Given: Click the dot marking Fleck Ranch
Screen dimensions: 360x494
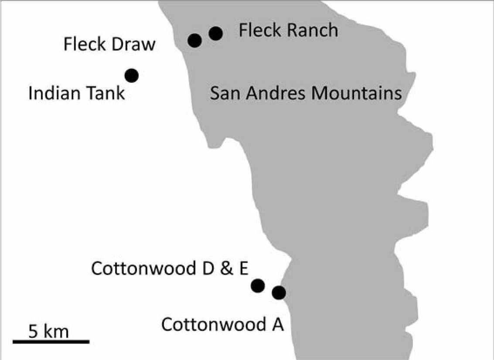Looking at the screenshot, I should point(215,33).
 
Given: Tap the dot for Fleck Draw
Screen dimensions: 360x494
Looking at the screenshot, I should point(195,41).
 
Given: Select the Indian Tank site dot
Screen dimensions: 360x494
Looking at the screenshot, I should point(132,75).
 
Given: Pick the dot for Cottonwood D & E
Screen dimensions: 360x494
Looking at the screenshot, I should point(258,285).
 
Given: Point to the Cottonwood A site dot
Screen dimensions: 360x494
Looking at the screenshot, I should point(279,292).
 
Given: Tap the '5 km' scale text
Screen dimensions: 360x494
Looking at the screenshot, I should point(48,332).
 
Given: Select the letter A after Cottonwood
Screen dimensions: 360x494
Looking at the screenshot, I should point(278,325).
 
